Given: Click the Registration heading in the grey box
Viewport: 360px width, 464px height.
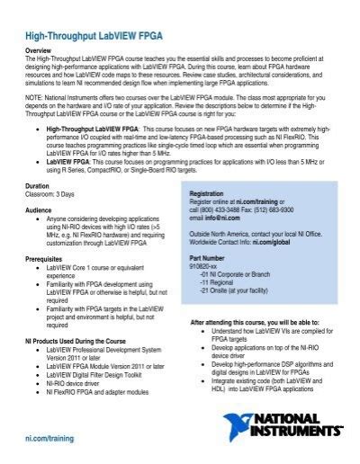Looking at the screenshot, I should (x=210, y=193).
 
